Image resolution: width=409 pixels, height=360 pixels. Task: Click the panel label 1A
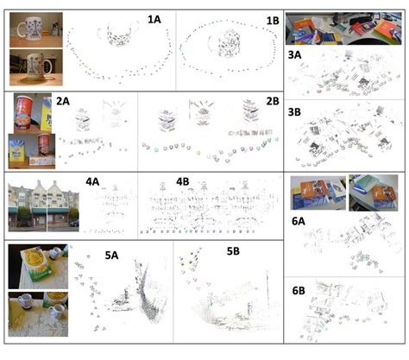click(x=154, y=20)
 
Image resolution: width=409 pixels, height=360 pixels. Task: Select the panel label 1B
click(x=273, y=21)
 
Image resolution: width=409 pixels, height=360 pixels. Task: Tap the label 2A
click(x=63, y=101)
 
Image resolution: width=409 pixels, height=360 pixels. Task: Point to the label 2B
click(x=273, y=101)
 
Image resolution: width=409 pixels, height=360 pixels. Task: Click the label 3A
click(x=294, y=54)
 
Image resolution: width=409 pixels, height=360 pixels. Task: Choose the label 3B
click(x=294, y=111)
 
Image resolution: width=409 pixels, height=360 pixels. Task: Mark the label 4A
click(x=92, y=181)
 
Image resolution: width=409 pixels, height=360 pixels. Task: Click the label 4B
click(x=183, y=181)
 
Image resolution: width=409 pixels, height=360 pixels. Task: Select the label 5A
click(x=111, y=255)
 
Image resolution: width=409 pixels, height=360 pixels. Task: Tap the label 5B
click(x=233, y=251)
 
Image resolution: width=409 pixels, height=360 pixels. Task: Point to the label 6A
click(x=299, y=221)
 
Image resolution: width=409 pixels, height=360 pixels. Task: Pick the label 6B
click(x=299, y=291)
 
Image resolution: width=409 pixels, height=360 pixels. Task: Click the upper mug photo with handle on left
click(x=36, y=29)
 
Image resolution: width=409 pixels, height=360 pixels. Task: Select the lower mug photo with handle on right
click(x=36, y=67)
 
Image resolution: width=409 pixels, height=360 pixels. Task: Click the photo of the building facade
click(x=44, y=205)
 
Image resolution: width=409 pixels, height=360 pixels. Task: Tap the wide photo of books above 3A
click(x=343, y=28)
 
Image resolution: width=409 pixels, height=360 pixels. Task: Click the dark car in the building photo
click(x=74, y=224)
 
